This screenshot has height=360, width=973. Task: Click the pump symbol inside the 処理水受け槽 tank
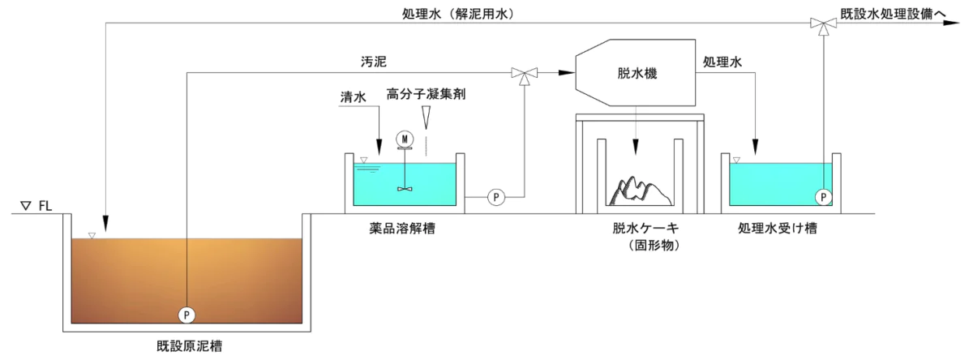pos(824,196)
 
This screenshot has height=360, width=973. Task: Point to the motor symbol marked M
pos(404,139)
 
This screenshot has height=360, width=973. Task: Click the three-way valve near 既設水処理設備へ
pos(824,24)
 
